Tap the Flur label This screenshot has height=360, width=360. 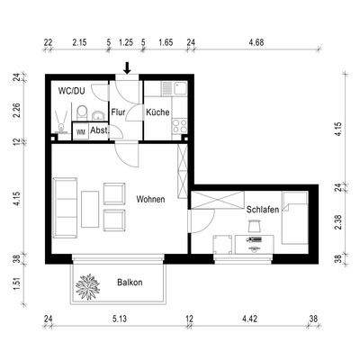pyautogui.click(x=118, y=112)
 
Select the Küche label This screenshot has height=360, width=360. pyautogui.click(x=157, y=112)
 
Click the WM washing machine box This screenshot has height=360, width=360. pyautogui.click(x=81, y=130)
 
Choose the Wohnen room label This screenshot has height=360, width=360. pyautogui.click(x=150, y=199)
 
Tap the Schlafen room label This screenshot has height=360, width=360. pyautogui.click(x=262, y=210)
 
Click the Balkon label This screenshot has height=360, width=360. pyautogui.click(x=131, y=283)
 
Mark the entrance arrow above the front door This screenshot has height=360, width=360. pyautogui.click(x=127, y=67)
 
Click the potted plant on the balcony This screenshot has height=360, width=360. pyautogui.click(x=90, y=288)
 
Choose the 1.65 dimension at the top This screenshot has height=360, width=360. pyautogui.click(x=166, y=42)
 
